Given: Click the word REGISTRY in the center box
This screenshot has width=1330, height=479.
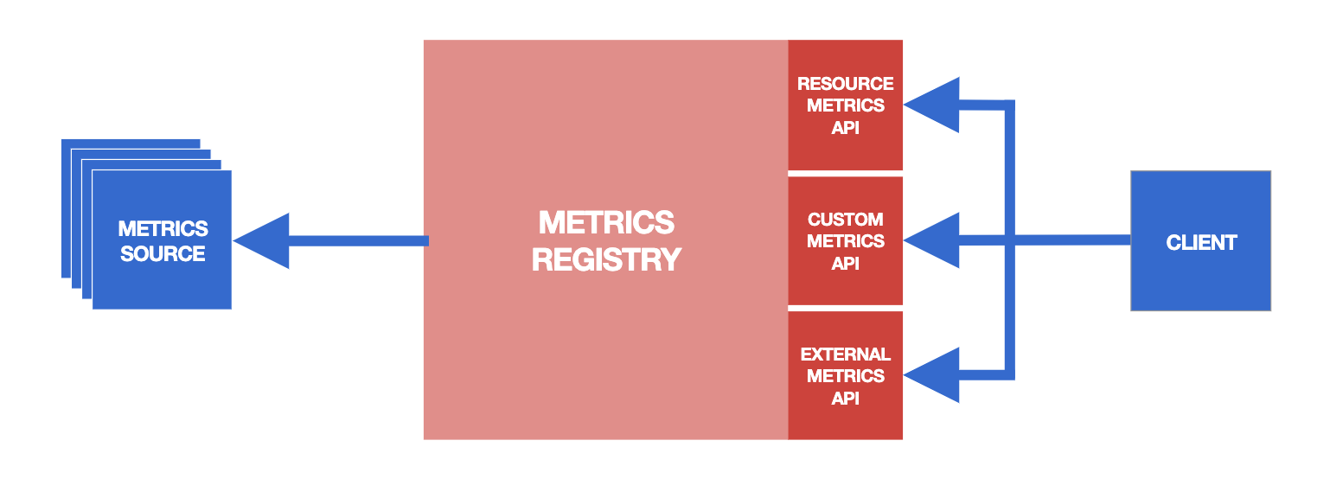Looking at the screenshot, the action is coord(606,260).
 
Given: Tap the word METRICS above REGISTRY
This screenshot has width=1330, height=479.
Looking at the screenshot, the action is coord(606,222).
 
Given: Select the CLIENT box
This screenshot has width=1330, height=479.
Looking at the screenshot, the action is coord(1200,240).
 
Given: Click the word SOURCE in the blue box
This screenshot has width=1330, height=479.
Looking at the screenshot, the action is coord(163,254).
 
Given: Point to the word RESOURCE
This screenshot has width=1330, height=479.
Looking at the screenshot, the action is coord(845,84).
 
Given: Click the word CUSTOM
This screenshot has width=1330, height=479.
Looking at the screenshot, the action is coord(845,220).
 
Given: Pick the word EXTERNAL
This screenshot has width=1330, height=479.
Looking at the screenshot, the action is coord(845,354).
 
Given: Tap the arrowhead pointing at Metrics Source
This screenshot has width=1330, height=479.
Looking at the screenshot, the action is coord(261,241).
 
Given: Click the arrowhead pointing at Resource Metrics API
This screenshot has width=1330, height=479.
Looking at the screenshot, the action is coord(931,105).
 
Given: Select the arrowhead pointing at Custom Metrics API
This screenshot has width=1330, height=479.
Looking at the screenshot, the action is coord(931,240).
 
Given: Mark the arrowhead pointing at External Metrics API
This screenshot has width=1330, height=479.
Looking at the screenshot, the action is coord(931,375).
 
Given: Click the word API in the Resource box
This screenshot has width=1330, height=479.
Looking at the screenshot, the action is coord(845,128).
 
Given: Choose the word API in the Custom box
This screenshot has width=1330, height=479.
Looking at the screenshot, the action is coord(845,263).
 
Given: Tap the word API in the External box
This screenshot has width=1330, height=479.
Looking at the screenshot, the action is coord(845,398).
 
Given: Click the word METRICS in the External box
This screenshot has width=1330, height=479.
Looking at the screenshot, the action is coord(846,376).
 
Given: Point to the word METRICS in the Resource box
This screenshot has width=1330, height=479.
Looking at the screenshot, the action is coord(846,105).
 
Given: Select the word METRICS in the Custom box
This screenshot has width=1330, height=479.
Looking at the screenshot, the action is coord(846,241).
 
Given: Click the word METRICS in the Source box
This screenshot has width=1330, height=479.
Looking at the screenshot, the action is coord(163,228).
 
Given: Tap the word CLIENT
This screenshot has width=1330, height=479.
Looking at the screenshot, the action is coord(1201,242).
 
